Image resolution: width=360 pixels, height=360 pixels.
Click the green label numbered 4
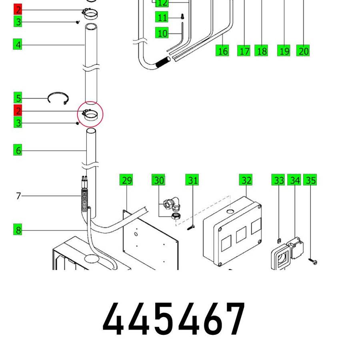tap(18, 44)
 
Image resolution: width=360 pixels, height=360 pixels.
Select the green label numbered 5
tap(18, 98)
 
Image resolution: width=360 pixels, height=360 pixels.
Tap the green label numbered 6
tap(18, 150)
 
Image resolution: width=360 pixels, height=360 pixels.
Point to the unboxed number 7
tap(18, 196)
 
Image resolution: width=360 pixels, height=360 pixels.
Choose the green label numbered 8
tap(18, 230)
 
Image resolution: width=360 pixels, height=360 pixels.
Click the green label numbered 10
tap(162, 33)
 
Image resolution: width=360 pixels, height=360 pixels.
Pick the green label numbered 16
tap(222, 51)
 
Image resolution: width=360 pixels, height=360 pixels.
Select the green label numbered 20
tap(303, 51)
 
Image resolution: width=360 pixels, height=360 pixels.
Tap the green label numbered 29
tap(126, 180)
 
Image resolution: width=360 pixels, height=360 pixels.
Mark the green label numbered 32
tap(246, 180)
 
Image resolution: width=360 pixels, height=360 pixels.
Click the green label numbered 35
tap(310, 180)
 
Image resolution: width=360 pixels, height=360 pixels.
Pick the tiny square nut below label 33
tap(279, 240)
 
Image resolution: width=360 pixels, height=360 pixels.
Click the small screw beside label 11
tap(183, 16)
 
